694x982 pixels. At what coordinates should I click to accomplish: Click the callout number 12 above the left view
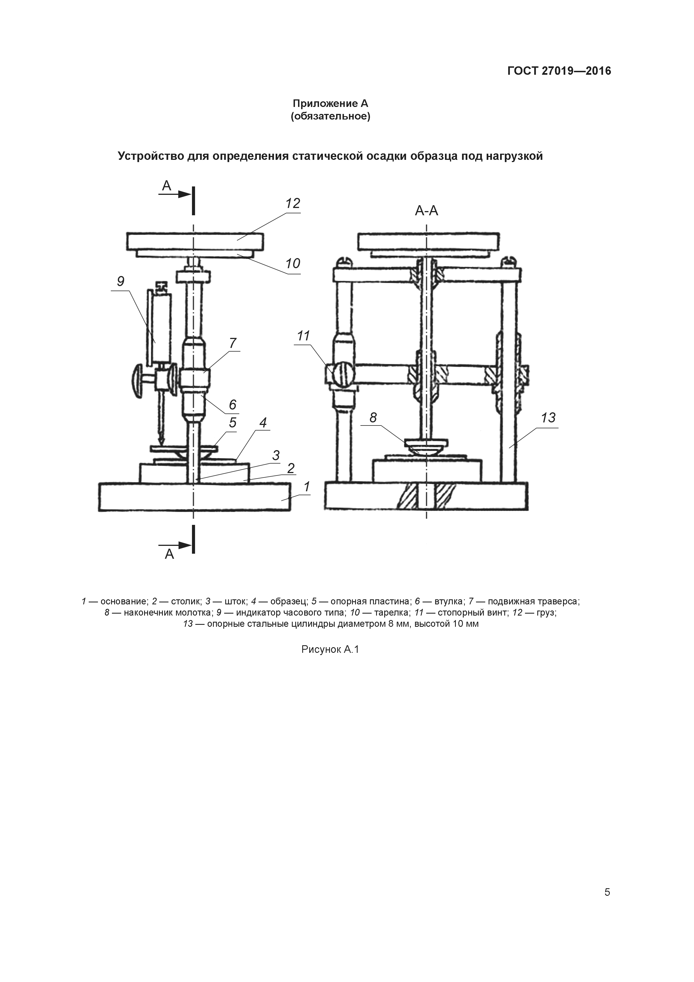tap(293, 204)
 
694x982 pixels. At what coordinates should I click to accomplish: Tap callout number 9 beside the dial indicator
tap(121, 281)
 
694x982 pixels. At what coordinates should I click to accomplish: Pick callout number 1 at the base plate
tap(307, 487)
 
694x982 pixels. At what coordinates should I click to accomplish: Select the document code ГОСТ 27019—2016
tap(559, 71)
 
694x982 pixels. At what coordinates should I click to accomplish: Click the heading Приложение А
tap(330, 104)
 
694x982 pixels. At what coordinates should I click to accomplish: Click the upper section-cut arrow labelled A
tap(175, 194)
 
